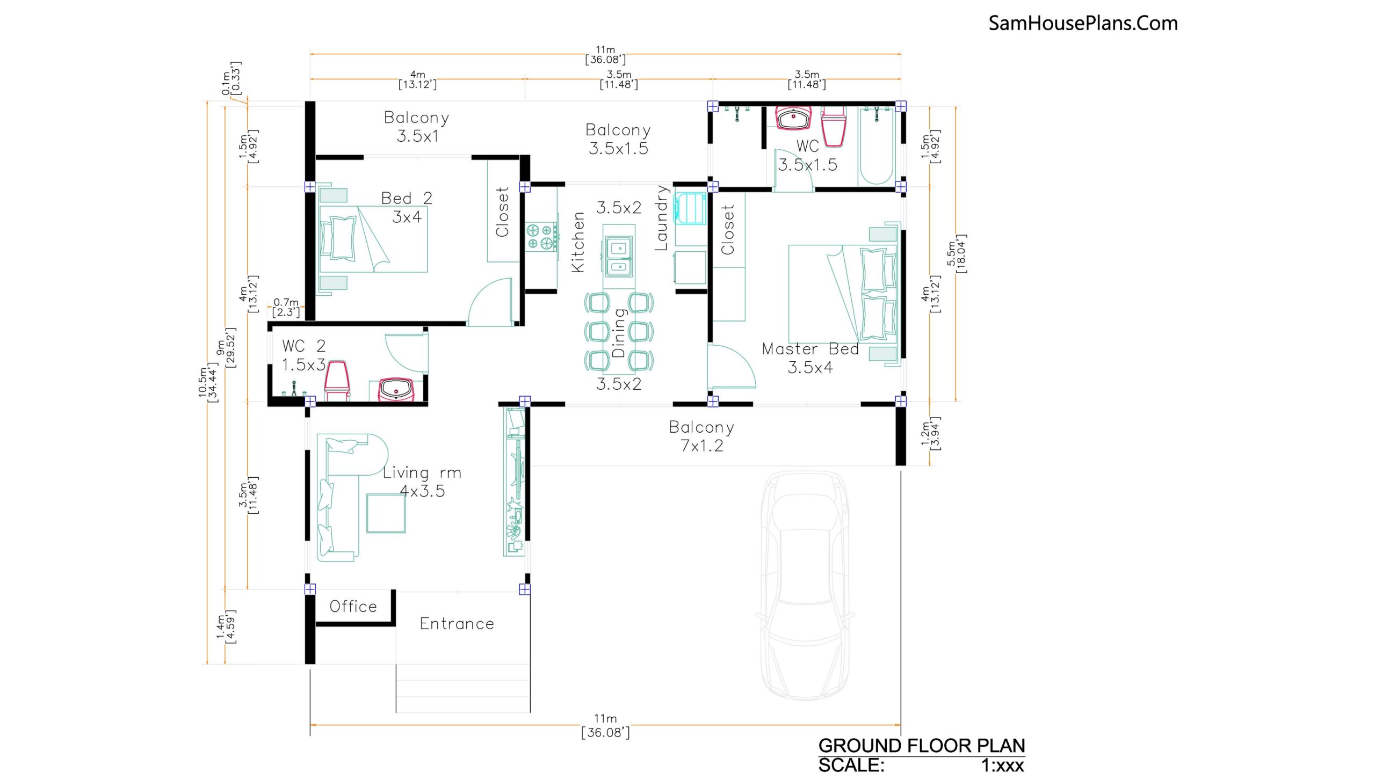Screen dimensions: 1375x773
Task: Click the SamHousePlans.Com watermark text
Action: (1083, 23)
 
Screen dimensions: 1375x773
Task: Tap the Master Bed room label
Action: (810, 349)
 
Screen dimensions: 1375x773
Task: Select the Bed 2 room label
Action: (407, 198)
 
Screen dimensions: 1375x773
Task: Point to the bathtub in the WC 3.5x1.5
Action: (876, 146)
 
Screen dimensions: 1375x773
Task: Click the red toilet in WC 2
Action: (337, 380)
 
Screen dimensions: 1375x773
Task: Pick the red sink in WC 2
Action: (396, 390)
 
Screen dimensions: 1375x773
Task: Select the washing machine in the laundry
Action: (691, 208)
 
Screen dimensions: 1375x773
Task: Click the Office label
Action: (353, 607)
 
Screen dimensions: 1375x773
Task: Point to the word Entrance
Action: (457, 624)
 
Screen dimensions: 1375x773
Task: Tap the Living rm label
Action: (422, 473)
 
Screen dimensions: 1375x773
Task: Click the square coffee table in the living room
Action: (386, 513)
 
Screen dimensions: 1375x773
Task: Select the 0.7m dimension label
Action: (286, 303)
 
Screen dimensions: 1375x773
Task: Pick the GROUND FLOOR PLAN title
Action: (922, 746)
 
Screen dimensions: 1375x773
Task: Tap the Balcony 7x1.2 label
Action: (702, 436)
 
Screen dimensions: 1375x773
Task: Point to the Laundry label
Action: (662, 218)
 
